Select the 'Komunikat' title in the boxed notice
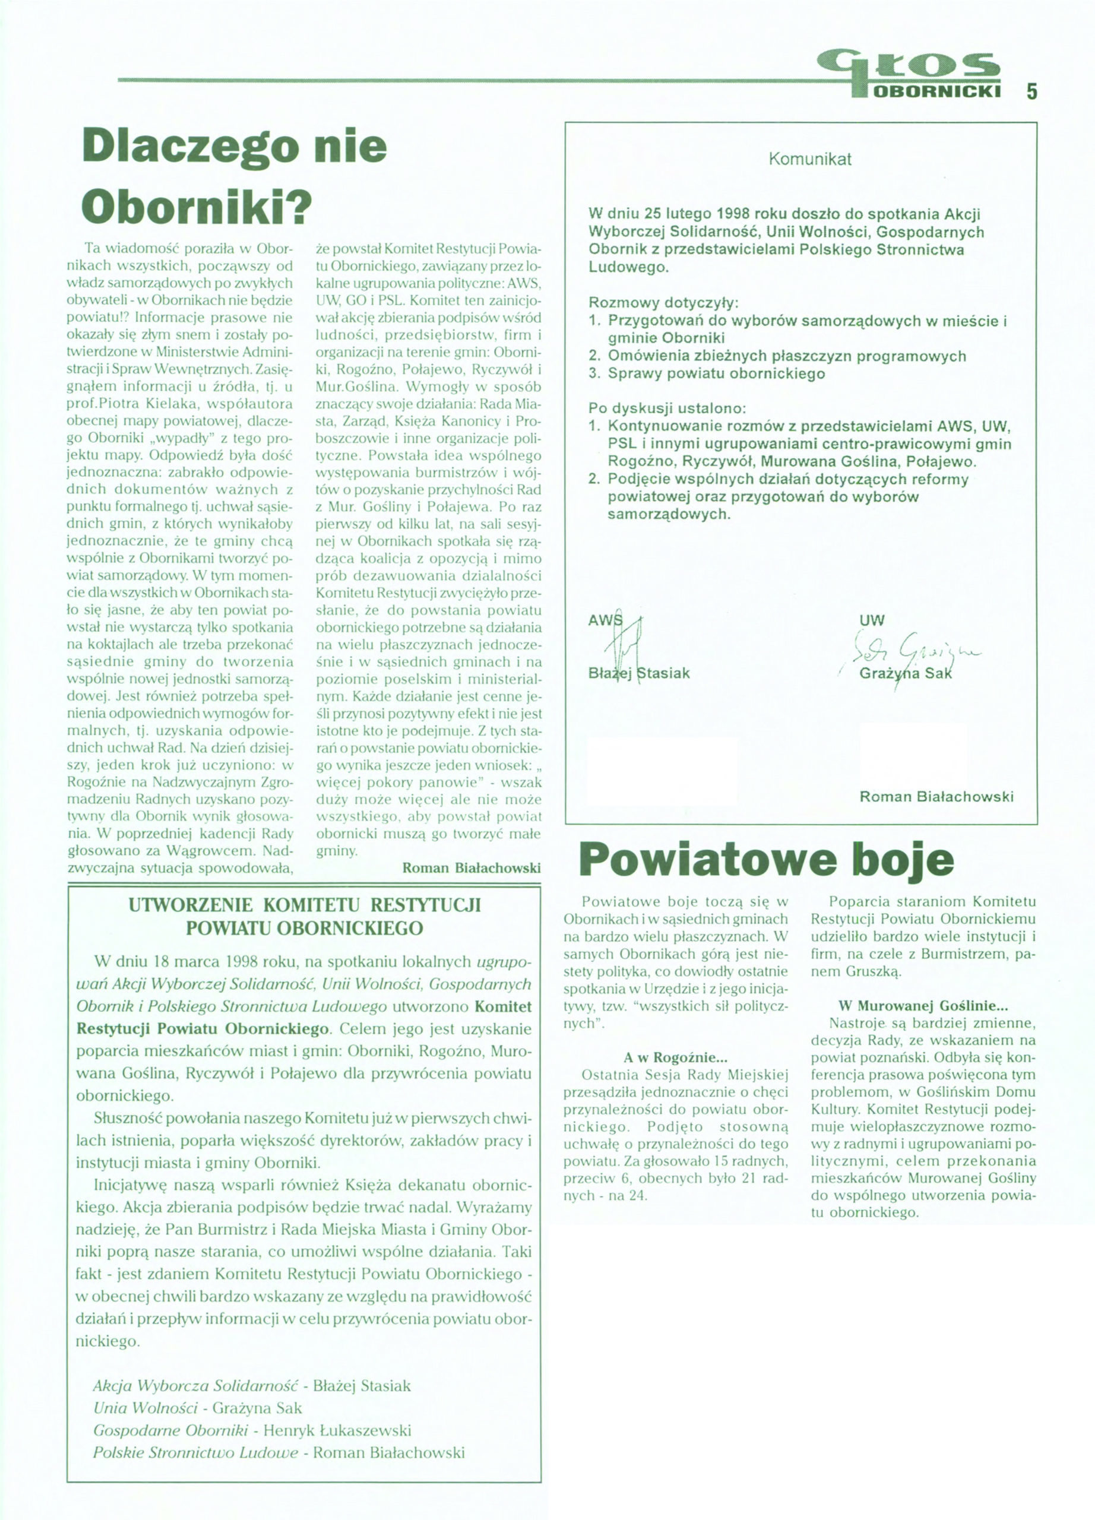pyautogui.click(x=809, y=159)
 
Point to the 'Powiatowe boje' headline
pyautogui.click(x=767, y=860)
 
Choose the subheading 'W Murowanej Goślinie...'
pyautogui.click(x=923, y=1005)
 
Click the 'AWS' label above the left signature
pyautogui.click(x=603, y=620)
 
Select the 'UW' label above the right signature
pyautogui.click(x=871, y=620)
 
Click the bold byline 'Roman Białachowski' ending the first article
pyautogui.click(x=471, y=868)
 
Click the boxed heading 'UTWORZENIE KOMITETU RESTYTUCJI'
pyautogui.click(x=304, y=905)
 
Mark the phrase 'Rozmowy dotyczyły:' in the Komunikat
pyautogui.click(x=663, y=302)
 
